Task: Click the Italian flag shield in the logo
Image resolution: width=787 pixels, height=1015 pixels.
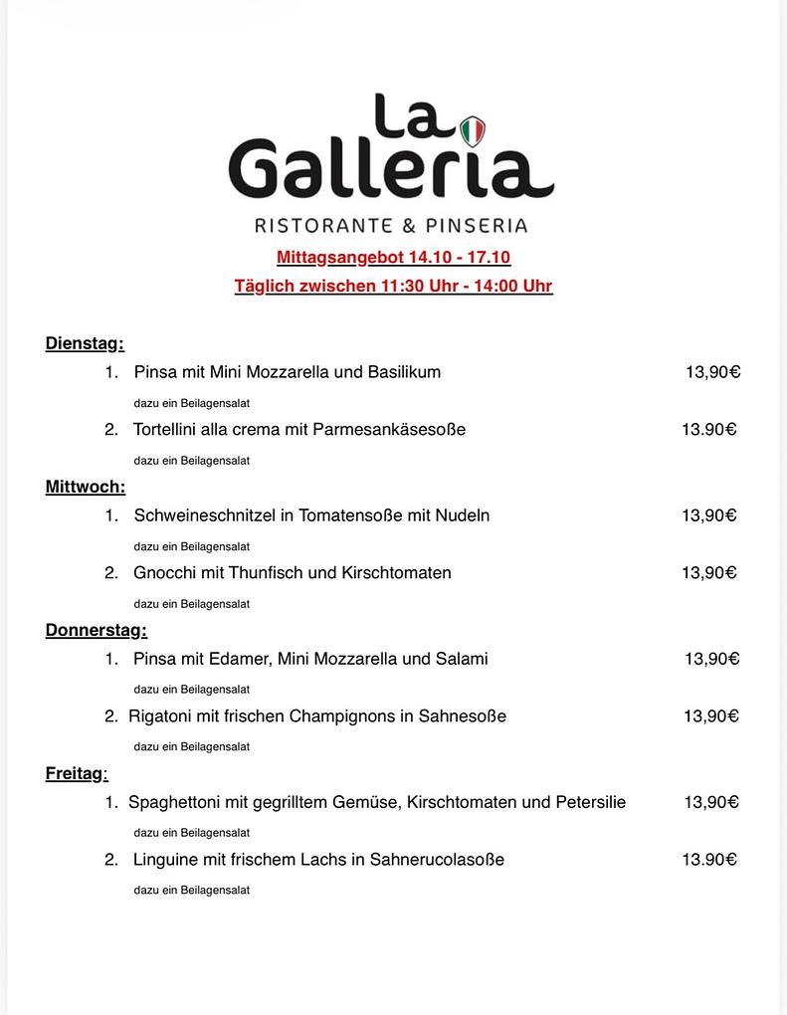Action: point(473,130)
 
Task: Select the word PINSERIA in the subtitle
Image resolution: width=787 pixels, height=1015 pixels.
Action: point(477,225)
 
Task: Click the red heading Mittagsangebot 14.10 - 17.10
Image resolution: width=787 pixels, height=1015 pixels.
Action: point(393,258)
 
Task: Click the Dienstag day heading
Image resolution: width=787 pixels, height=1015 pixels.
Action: point(84,344)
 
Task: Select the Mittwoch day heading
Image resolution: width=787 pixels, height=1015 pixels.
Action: point(85,488)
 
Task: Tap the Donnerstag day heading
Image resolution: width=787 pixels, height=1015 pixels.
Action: point(96,631)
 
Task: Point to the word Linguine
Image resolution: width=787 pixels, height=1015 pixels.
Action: point(166,860)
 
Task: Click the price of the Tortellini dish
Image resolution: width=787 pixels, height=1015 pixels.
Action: point(708,430)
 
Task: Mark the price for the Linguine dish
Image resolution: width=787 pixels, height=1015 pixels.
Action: point(708,860)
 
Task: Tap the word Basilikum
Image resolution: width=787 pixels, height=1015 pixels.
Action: point(404,372)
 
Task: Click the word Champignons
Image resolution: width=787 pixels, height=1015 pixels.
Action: point(342,716)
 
